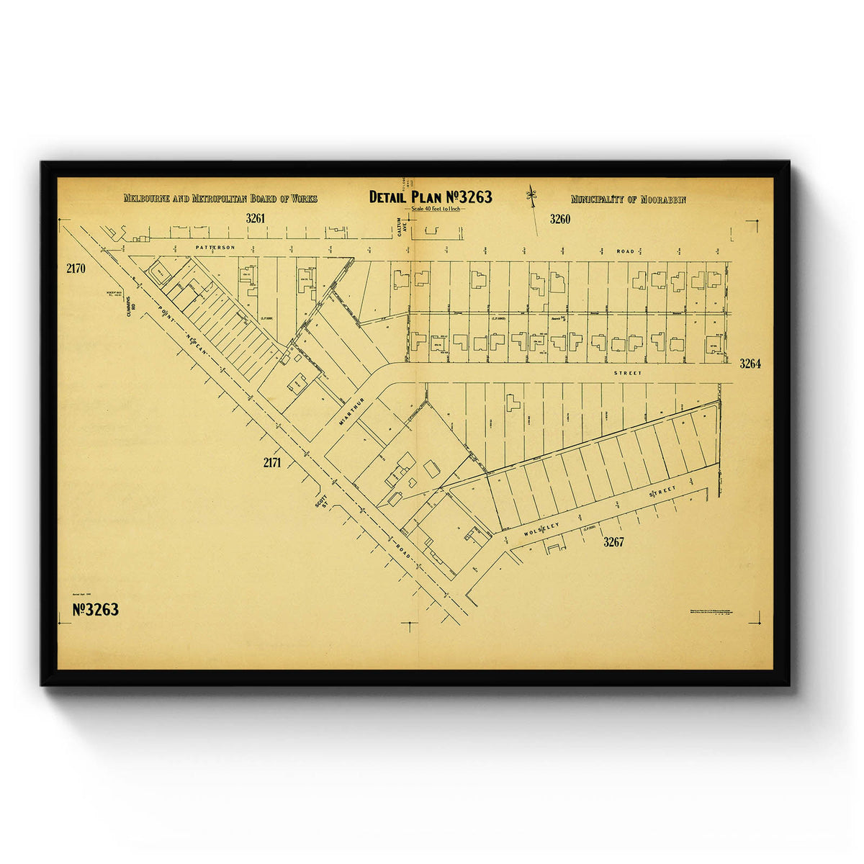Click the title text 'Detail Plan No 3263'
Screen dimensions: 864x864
(431, 197)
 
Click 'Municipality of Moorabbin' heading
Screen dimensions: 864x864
(628, 199)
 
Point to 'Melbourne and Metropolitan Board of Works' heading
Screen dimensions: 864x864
(220, 199)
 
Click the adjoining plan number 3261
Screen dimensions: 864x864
(256, 217)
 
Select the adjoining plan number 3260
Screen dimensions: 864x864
(559, 219)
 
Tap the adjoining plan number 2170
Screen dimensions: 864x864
(76, 269)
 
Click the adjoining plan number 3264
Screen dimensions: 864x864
(750, 364)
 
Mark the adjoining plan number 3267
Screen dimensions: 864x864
(613, 542)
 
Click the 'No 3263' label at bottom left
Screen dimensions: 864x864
(96, 610)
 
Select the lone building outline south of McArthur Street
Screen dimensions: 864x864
(513, 402)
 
